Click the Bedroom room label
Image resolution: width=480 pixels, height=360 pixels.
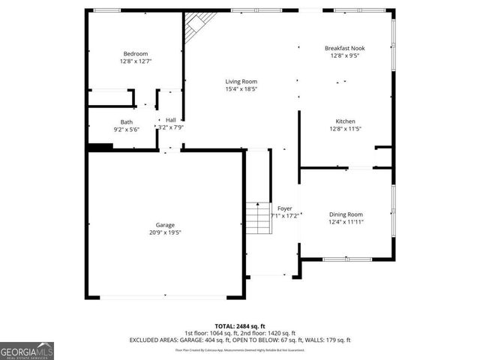point(136,54)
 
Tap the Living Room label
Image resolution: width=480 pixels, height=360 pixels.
point(241,81)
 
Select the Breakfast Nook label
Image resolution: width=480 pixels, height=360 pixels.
point(345,48)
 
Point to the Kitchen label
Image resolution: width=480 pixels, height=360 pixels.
point(345,121)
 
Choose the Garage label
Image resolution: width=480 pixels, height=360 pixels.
point(166,225)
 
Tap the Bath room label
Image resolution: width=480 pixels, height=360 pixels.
point(127,122)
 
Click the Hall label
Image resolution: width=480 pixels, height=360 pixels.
point(171,120)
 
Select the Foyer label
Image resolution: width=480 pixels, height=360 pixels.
point(284,208)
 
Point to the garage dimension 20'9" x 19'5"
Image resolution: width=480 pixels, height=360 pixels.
point(166,232)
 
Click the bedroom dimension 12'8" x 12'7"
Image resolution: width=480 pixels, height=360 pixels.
point(136,61)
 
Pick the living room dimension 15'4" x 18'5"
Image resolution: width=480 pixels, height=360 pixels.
point(241,88)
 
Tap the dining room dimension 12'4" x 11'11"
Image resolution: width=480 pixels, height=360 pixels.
point(345,222)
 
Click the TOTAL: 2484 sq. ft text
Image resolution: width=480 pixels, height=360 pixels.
point(239,325)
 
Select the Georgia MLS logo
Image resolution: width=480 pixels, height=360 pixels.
point(27,349)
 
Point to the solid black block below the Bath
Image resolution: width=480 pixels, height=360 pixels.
point(100,146)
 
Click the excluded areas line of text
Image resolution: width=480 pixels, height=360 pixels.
point(239,340)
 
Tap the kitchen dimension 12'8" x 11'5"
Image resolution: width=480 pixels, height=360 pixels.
point(345,129)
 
